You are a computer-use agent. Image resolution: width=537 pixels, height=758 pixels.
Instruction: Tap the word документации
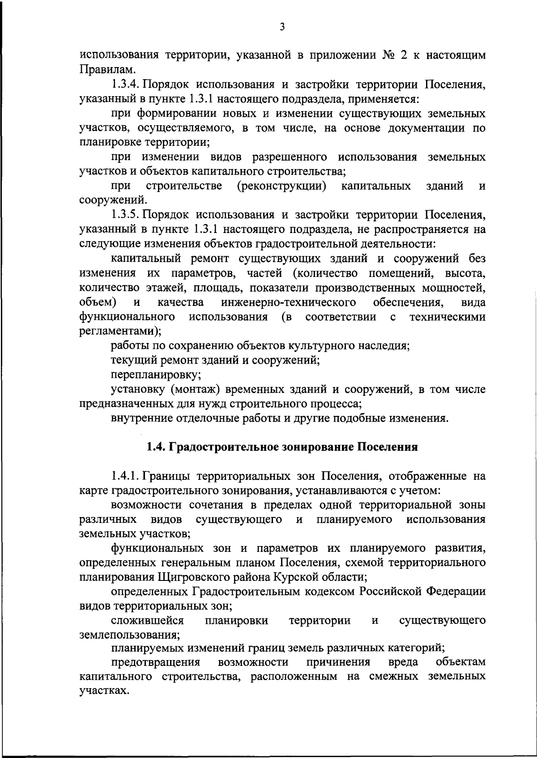(423, 128)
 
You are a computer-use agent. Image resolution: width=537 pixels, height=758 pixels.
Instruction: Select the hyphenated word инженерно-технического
(289, 303)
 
